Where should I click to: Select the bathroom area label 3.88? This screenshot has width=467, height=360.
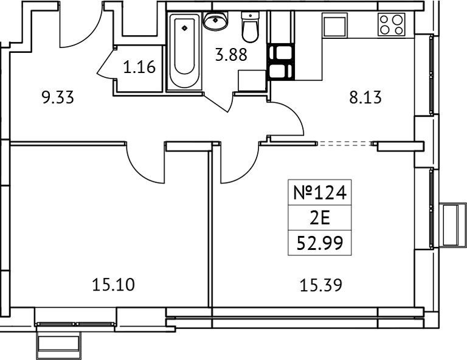tap(231, 55)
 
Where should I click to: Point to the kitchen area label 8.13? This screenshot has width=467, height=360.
tap(365, 97)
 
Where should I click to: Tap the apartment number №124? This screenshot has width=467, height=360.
tap(319, 194)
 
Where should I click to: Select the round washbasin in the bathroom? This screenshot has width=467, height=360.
tap(215, 22)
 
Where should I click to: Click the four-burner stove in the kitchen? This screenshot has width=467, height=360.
tap(392, 25)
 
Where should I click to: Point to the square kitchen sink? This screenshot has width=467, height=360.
tap(334, 26)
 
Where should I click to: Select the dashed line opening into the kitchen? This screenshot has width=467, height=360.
tap(345, 144)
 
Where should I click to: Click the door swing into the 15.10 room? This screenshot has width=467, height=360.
tap(145, 161)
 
